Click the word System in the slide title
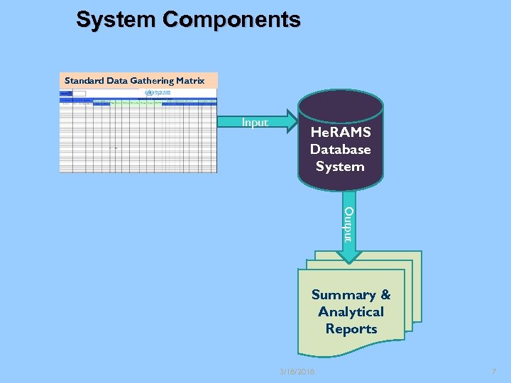click(x=116, y=20)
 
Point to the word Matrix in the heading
click(x=191, y=81)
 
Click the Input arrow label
click(x=255, y=122)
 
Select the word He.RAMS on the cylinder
click(x=341, y=133)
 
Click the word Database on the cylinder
click(x=341, y=150)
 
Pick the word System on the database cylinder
click(x=341, y=167)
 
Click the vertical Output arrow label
click(x=348, y=224)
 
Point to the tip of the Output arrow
click(x=348, y=262)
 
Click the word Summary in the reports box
click(x=344, y=295)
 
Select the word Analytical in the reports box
click(x=351, y=312)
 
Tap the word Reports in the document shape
click(x=351, y=329)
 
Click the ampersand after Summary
click(x=385, y=295)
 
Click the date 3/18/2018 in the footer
click(x=297, y=372)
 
